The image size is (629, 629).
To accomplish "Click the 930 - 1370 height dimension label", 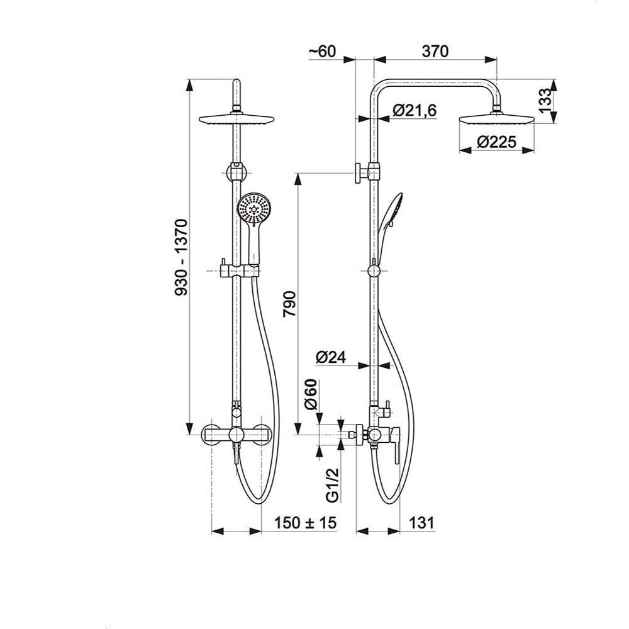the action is coord(182,257).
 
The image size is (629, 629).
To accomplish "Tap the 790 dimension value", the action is coord(289,304).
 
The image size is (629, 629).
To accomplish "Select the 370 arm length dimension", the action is coord(435,52).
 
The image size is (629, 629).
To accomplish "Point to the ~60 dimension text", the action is coord(323,52).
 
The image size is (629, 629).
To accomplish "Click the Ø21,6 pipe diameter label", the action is coord(415,110).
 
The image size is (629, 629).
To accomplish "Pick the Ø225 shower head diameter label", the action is coord(497,142).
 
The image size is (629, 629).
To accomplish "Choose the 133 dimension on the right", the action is coord(545,101).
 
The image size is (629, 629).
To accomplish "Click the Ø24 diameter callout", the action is coord(331,357).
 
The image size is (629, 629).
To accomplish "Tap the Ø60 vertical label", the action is coord(311,394).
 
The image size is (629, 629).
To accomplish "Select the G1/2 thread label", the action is coord(333,485).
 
